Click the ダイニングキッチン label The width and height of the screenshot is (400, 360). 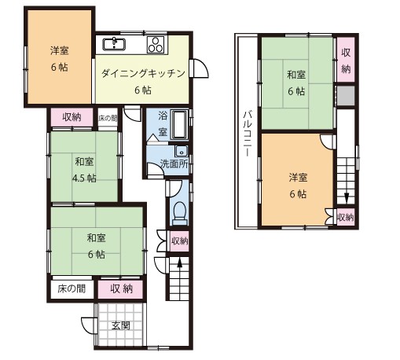coord(142,74)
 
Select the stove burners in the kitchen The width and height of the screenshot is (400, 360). coord(155,43)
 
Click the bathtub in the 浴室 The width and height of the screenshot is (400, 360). coord(179,125)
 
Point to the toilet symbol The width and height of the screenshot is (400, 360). coord(178,211)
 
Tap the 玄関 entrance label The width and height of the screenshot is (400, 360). coord(120,325)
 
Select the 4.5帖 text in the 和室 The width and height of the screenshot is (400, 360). coord(84,178)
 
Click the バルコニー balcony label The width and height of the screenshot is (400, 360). coord(246,134)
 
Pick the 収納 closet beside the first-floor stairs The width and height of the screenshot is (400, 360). coord(179,241)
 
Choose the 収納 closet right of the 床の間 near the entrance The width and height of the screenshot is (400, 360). coord(121,288)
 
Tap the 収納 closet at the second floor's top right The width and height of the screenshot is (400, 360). coord(346,60)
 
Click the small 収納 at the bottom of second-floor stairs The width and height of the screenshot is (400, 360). coord(345,216)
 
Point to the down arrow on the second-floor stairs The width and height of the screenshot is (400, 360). coord(345,197)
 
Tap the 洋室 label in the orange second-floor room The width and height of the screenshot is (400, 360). coord(296,176)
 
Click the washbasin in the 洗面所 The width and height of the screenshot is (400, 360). coord(181,151)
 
